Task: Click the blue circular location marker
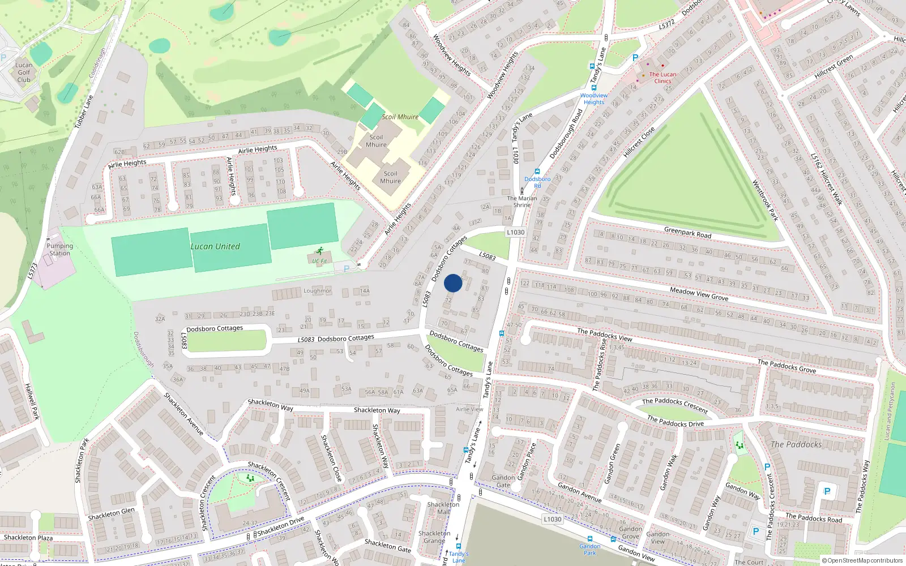point(453,283)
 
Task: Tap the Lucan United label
point(215,246)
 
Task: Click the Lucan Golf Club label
point(24,72)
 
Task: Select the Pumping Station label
point(59,250)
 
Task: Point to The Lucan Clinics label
point(663,78)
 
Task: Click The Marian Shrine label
point(522,201)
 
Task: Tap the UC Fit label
point(320,261)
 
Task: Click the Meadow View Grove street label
point(699,293)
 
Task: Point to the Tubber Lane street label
point(84,111)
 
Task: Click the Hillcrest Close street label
point(639,142)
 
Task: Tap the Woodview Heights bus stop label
point(594,98)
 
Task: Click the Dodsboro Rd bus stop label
point(537,182)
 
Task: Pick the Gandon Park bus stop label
point(590,549)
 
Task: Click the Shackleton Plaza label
point(28,537)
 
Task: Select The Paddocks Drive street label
point(676,421)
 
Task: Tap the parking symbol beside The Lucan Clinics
point(635,58)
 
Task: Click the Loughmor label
point(318,291)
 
